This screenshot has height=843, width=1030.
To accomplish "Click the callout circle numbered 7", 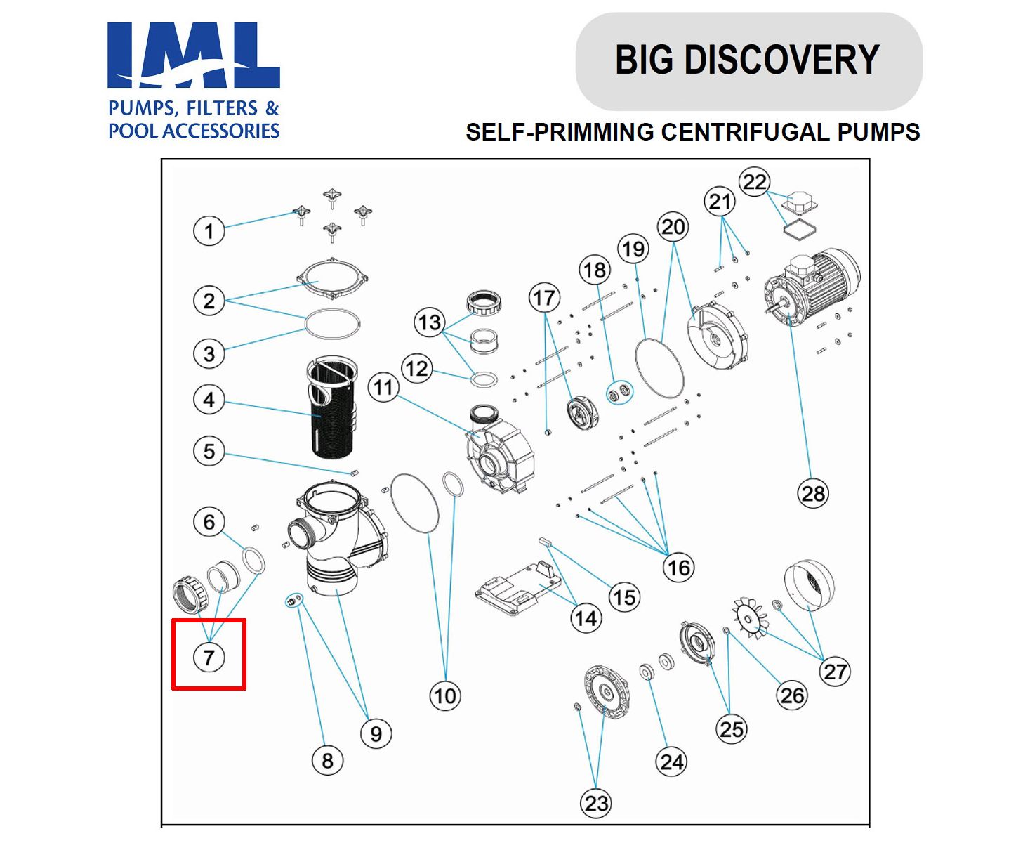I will click(x=209, y=658).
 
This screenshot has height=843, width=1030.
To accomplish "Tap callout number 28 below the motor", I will click(x=813, y=493).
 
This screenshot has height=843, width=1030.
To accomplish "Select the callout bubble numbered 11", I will click(x=383, y=387).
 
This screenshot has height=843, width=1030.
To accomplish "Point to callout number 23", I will click(x=596, y=803).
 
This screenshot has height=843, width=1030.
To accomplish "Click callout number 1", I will click(x=209, y=231).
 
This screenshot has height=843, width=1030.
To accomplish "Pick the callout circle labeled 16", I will click(x=678, y=567).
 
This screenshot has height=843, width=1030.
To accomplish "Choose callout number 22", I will click(x=755, y=182).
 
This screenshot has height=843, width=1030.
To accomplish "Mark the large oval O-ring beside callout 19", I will click(x=659, y=368).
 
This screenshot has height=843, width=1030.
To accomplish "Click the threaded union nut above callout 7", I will click(x=190, y=593).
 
